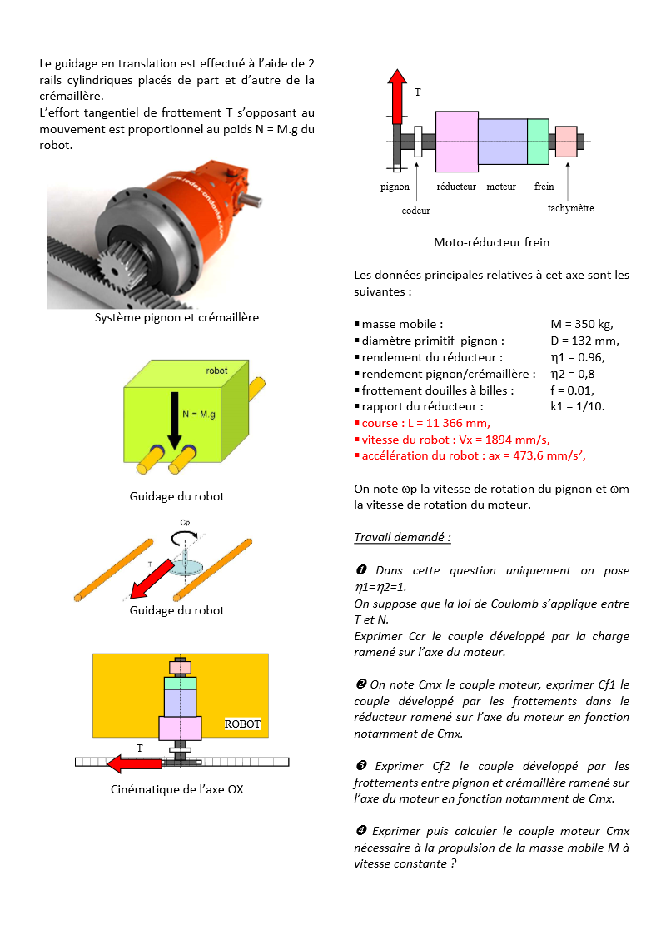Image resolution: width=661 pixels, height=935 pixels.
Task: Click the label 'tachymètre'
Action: coord(570,208)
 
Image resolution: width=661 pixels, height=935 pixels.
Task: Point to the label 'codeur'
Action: coord(415,211)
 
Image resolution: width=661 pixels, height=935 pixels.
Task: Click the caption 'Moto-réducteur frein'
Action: coord(491,243)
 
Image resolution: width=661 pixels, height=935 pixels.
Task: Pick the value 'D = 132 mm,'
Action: coord(584,341)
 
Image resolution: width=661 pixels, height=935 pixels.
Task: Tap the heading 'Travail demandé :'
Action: coord(403,538)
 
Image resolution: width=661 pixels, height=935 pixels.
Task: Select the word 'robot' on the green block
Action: coord(217,371)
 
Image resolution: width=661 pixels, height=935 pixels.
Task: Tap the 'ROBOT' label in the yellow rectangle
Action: coord(242,724)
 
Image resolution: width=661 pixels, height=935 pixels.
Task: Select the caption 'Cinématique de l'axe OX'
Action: coord(176,789)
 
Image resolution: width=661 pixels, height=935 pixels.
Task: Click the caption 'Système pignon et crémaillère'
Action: coord(176,317)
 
